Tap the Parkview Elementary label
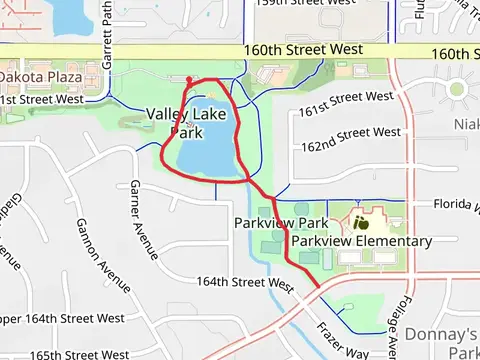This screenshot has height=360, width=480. point(362,241)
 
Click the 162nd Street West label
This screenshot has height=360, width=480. point(350,134)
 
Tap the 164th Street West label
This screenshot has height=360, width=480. point(244,283)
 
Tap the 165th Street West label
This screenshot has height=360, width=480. point(80,354)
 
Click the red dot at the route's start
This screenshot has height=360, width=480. point(189,78)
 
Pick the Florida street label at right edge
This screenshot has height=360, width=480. point(455,204)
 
